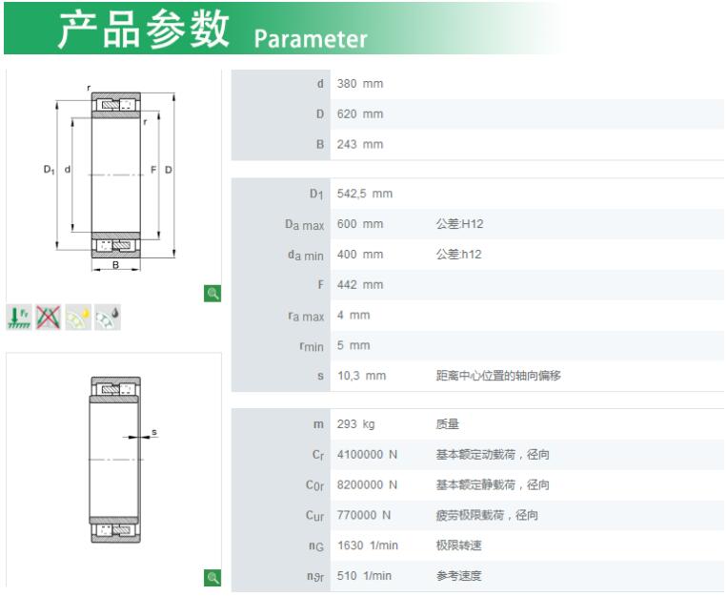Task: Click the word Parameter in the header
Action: tap(311, 39)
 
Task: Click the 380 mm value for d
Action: tap(360, 84)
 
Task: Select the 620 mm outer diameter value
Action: tap(360, 114)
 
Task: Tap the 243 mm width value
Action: tap(360, 144)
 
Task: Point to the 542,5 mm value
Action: tap(364, 194)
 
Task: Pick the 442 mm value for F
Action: tap(360, 284)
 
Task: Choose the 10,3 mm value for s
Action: tap(361, 376)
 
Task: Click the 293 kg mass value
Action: tap(355, 424)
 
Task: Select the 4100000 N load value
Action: tap(367, 455)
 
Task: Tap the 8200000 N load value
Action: tap(367, 484)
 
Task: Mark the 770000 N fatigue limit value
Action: tap(364, 515)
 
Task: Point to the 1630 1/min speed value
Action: tap(367, 545)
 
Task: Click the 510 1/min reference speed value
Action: tap(364, 576)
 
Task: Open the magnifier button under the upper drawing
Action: tap(212, 294)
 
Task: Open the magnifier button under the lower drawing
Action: tap(212, 578)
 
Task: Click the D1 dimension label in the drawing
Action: tap(49, 170)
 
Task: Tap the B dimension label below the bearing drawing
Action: tap(115, 265)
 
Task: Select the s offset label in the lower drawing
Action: tap(154, 432)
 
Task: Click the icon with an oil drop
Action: tap(108, 317)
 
